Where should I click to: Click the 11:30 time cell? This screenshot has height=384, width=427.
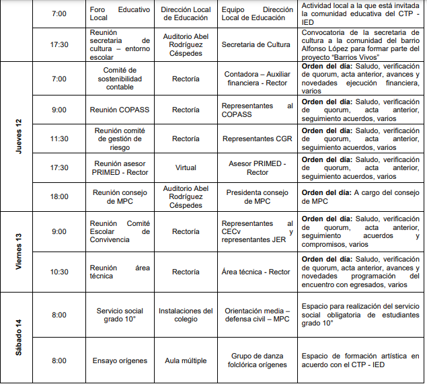point(59,139)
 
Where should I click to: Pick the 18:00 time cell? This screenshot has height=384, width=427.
point(59,196)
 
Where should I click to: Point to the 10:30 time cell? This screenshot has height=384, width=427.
point(59,272)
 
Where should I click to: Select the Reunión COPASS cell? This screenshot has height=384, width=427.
point(120,110)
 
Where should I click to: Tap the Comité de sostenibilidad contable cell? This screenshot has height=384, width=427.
point(120,79)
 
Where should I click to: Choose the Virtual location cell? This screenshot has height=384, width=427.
point(186,168)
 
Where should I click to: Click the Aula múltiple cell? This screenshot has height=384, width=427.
point(186,360)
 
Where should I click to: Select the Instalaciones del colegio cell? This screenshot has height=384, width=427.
point(186,315)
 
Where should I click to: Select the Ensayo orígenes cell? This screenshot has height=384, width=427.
point(120,360)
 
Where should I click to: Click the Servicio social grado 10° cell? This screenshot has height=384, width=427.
point(120,315)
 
